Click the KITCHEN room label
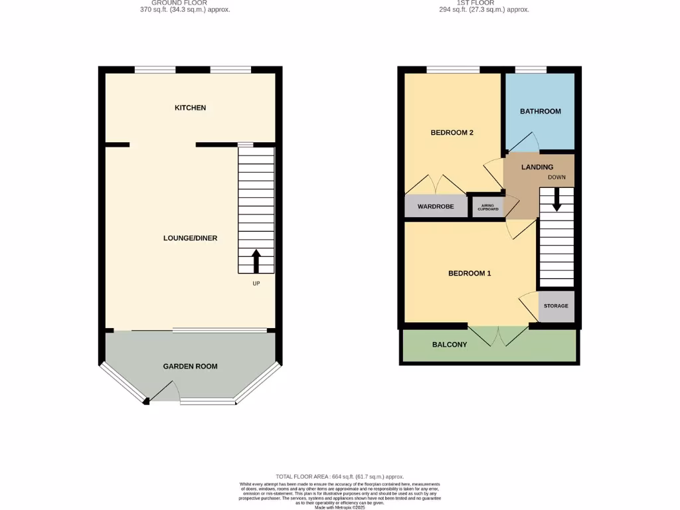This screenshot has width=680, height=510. [x=190, y=108]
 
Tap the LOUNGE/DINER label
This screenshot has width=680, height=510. [x=191, y=238]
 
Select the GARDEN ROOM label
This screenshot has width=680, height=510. [x=191, y=366]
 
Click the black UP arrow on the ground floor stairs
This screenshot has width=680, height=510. [x=256, y=260]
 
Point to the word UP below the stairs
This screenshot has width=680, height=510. [x=256, y=284]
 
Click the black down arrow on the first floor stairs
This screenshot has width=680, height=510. [x=556, y=199]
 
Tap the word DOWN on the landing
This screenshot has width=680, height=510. [x=556, y=177]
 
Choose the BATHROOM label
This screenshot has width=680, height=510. [x=540, y=111]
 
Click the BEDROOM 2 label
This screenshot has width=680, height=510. [x=452, y=132]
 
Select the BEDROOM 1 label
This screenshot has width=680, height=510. [x=469, y=273]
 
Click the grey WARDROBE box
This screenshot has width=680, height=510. [x=436, y=207]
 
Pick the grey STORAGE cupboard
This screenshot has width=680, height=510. [x=556, y=306]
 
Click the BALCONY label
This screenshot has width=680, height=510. [x=450, y=345]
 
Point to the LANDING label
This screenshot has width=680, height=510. [x=537, y=167]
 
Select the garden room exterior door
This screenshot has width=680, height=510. [x=165, y=392]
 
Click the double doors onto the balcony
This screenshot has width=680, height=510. [x=499, y=335]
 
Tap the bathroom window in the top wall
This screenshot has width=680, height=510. [x=531, y=69]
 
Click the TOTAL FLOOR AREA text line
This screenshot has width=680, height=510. [x=339, y=476]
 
